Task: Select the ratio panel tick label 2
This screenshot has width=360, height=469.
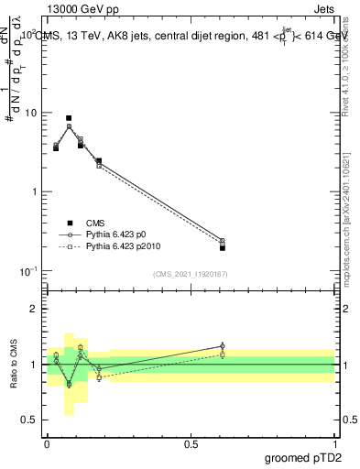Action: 34,309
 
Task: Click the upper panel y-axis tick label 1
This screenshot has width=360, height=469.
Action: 34,192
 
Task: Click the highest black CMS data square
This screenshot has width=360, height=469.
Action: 69,118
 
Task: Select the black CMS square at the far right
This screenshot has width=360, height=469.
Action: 223,247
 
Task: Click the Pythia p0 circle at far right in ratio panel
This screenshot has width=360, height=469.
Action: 223,346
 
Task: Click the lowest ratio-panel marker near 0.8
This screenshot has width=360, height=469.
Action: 69,385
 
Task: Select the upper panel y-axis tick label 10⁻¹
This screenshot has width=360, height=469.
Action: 30,271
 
